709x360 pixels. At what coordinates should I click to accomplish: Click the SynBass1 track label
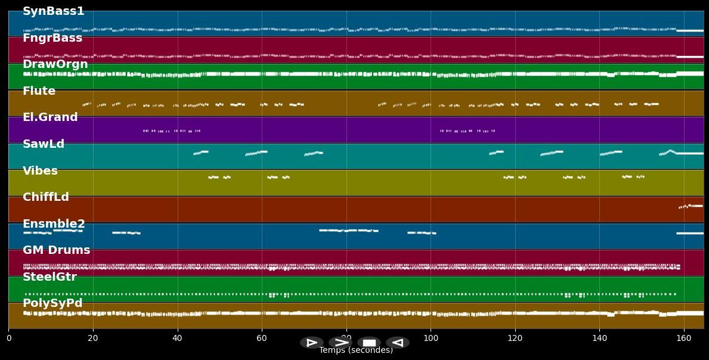[x=53, y=11]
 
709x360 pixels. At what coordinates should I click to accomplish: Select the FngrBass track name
[x=52, y=38]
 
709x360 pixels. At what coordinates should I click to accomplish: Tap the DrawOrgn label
[x=55, y=64]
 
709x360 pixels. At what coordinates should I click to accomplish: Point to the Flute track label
[x=39, y=91]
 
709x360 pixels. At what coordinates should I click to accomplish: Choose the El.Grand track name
[x=50, y=117]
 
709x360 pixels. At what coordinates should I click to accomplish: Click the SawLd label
[x=44, y=144]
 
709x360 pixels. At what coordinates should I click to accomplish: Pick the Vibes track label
[x=40, y=171]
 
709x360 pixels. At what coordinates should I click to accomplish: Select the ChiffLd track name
[x=46, y=197]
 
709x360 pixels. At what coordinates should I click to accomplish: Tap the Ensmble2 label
[x=54, y=224]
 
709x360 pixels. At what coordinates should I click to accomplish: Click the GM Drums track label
[x=56, y=250]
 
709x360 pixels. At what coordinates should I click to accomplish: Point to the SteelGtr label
[x=49, y=277]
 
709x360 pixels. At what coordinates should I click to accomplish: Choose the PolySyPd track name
[x=52, y=303]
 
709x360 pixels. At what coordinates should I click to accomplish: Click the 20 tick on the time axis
[x=93, y=339]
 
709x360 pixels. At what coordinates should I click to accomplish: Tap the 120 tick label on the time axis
[x=515, y=339]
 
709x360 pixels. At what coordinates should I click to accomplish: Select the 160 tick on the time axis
[x=684, y=339]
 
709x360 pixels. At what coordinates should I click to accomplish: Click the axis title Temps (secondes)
[x=356, y=350]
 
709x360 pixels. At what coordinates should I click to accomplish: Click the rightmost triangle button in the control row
[x=398, y=343]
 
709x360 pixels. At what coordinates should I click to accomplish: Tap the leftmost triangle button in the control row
[x=312, y=343]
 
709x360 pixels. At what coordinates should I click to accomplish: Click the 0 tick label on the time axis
[x=8, y=339]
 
